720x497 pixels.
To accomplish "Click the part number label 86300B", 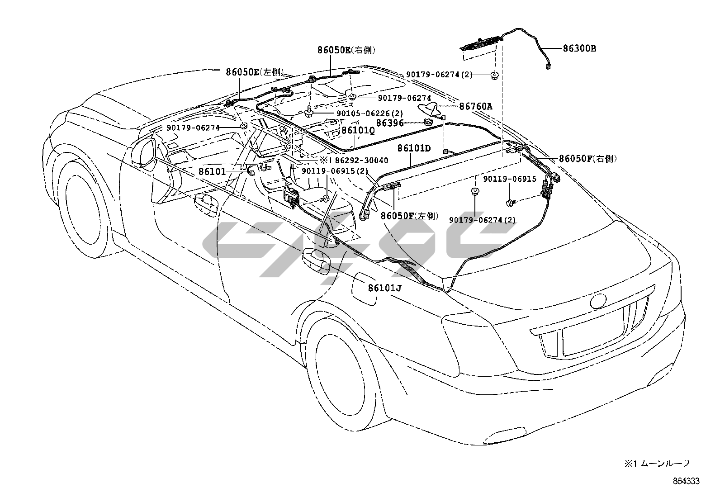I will click(579, 48).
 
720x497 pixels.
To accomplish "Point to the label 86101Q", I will click(358, 131).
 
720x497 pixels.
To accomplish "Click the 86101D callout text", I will click(414, 148).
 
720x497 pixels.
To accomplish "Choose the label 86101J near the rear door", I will click(385, 288).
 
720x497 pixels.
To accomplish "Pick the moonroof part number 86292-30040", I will click(361, 161).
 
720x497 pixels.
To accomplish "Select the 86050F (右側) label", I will click(587, 159).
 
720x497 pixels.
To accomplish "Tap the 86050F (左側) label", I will click(409, 216).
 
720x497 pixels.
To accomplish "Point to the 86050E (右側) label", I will click(346, 50).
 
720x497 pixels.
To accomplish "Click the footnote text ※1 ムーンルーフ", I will click(657, 463).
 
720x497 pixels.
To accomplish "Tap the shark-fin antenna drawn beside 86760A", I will click(431, 109).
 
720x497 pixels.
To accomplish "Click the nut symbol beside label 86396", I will click(427, 122).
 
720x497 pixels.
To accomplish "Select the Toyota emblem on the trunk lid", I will click(599, 301).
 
